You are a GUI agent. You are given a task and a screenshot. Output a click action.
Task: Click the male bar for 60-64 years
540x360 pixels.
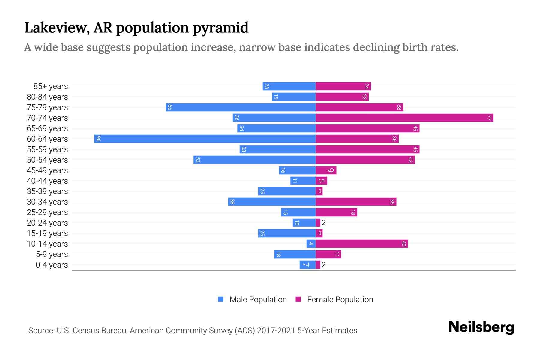pyautogui.click(x=205, y=139)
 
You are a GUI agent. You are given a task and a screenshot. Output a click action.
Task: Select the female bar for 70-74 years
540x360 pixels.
pyautogui.click(x=404, y=118)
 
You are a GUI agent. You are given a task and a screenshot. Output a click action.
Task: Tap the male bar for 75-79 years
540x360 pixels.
pyautogui.click(x=241, y=107)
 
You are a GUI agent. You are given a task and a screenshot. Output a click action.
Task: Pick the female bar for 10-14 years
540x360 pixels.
pyautogui.click(x=361, y=244)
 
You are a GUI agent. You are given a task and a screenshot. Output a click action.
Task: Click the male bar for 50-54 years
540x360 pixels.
pyautogui.click(x=254, y=160)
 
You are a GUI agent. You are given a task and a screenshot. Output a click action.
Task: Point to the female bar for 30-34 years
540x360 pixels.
pyautogui.click(x=356, y=202)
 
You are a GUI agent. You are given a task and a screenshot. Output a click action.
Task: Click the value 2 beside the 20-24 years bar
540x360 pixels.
pyautogui.click(x=324, y=223)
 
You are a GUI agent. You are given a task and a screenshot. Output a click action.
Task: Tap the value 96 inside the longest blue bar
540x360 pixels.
pyautogui.click(x=98, y=139)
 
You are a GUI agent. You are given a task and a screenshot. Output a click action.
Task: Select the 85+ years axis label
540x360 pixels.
pyautogui.click(x=51, y=86)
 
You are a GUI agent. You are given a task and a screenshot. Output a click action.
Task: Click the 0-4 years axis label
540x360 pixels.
pyautogui.click(x=52, y=265)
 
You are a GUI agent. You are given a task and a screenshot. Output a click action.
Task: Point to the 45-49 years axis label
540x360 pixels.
pyautogui.click(x=47, y=170)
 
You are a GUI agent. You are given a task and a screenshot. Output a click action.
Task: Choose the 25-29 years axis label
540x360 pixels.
pyautogui.click(x=47, y=212)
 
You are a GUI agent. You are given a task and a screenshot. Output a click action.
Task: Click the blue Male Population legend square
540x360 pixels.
pyautogui.click(x=221, y=299)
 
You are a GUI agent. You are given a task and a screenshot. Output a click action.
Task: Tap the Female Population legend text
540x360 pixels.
pyautogui.click(x=340, y=300)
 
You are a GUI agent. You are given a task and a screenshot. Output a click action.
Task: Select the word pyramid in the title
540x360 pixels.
pyautogui.click(x=220, y=28)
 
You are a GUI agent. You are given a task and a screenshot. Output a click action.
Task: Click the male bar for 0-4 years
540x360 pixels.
pyautogui.click(x=307, y=265)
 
